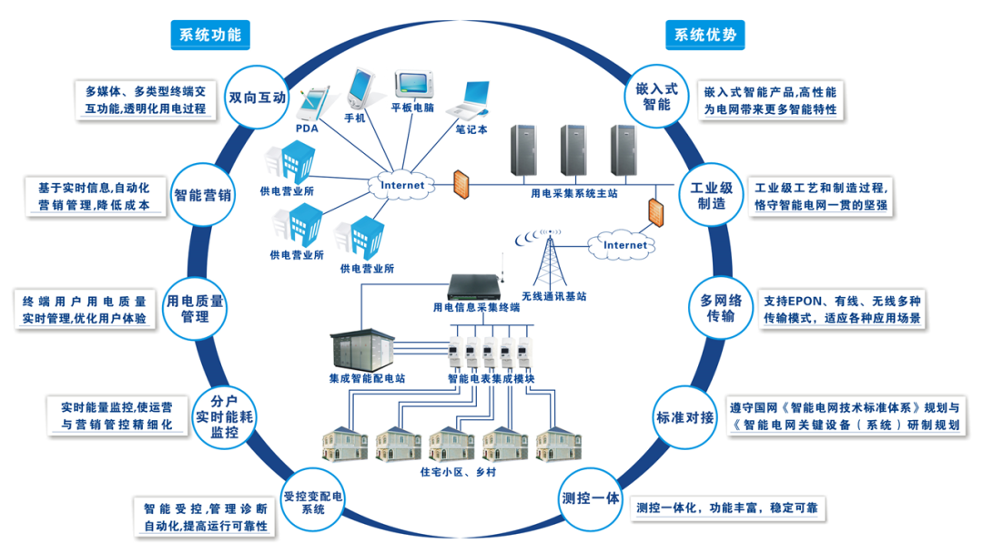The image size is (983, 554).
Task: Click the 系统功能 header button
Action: (210, 35)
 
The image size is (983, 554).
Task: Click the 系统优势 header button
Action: (705, 35)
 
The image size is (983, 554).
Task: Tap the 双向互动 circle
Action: (258, 97)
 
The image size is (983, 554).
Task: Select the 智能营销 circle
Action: (203, 194)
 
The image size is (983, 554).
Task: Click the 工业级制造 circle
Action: (712, 195)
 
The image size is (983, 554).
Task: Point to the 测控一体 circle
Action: (590, 498)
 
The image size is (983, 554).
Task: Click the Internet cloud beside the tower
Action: (625, 244)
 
